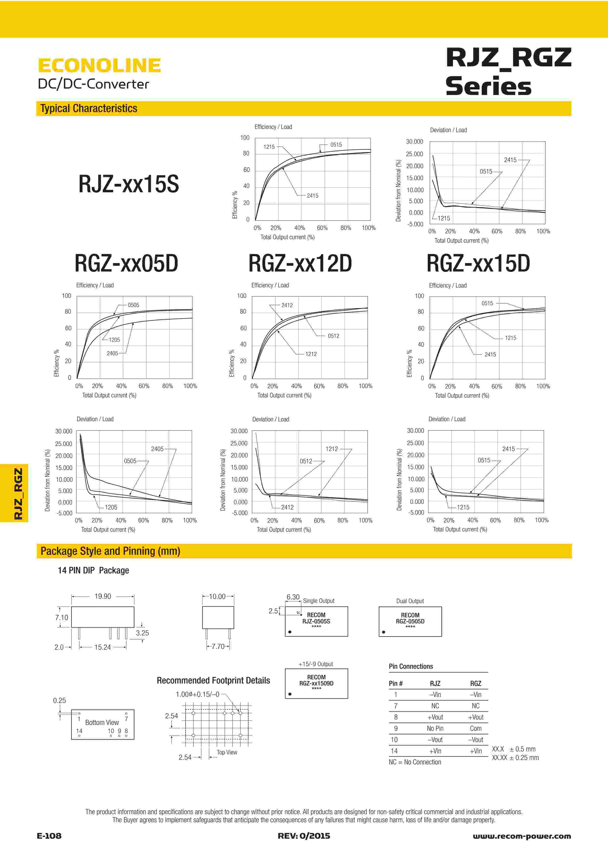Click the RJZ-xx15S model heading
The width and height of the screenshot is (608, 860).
point(129,184)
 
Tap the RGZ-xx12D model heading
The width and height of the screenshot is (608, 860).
point(300,263)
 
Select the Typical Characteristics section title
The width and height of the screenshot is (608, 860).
point(89,108)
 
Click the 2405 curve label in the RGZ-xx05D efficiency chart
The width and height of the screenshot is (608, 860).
point(112,353)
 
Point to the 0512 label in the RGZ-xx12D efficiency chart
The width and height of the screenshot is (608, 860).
point(333,336)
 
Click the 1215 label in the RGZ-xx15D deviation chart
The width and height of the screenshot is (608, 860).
point(463,507)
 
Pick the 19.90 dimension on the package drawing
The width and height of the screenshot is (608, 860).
point(103,596)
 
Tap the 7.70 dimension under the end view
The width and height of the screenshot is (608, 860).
point(218,646)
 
